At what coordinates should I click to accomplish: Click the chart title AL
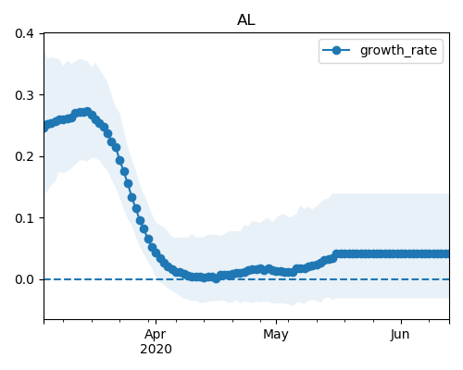246,20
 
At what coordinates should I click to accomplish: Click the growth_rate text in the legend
398,50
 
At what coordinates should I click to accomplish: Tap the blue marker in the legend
336,50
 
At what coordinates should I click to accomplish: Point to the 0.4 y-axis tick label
24,33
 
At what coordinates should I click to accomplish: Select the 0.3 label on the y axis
24,95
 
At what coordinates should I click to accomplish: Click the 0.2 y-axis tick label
24,156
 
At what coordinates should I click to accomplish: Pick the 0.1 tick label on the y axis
24,218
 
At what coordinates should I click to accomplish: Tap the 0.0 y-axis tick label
24,279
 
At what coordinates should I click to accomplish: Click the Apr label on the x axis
156,335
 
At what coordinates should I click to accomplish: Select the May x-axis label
276,335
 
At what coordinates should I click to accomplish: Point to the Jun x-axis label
400,335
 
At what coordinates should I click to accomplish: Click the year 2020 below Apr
156,350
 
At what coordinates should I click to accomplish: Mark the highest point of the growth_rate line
88,111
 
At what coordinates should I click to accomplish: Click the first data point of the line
44,128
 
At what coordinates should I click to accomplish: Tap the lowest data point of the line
217,278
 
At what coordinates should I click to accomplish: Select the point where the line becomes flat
336,253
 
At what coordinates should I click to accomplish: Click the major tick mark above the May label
276,322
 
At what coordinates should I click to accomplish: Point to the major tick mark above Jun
401,322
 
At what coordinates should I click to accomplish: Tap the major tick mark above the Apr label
156,322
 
